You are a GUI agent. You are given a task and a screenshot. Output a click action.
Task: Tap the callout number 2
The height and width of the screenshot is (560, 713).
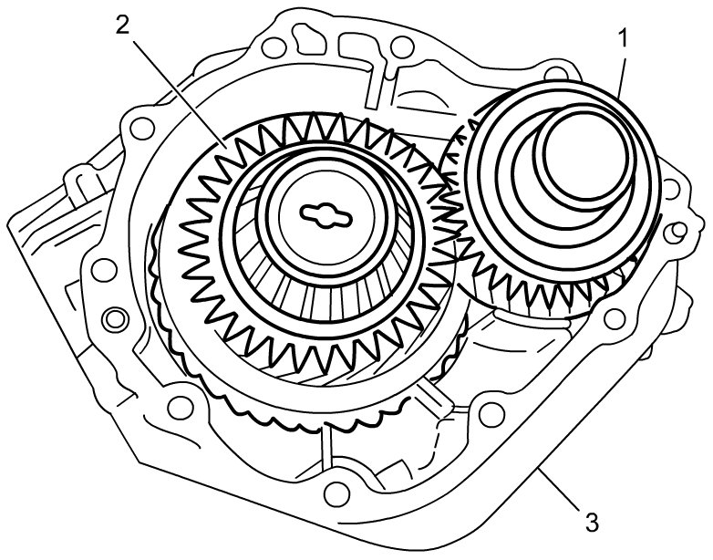click(x=122, y=26)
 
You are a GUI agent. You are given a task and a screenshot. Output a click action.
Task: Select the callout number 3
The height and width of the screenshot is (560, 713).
click(x=592, y=523)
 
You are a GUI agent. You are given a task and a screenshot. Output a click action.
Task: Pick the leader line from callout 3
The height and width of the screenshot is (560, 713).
click(x=559, y=488)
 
